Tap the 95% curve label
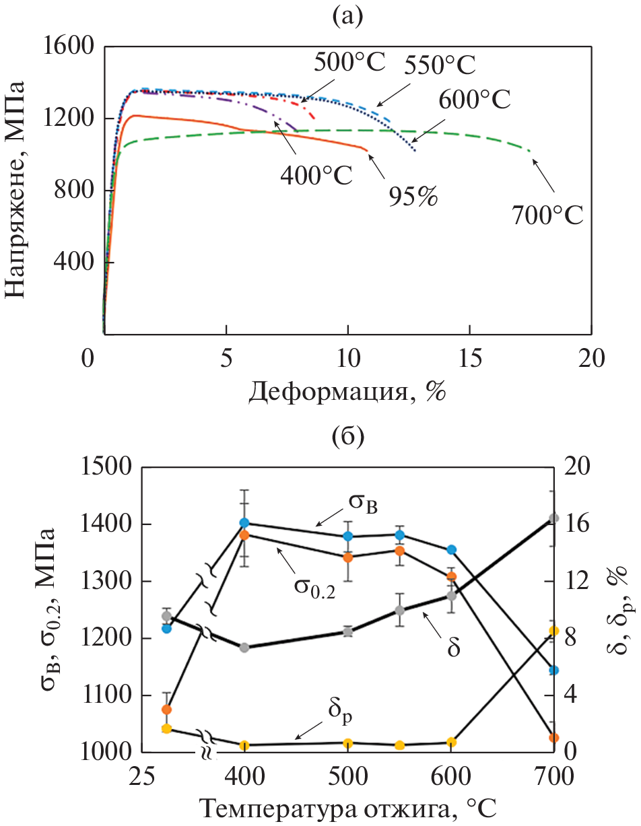point(412,197)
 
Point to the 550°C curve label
point(440,66)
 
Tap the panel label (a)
point(347,15)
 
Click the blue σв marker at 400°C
point(244,522)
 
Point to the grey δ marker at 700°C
point(554,518)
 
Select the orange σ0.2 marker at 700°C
point(554,738)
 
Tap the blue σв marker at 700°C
point(554,670)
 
